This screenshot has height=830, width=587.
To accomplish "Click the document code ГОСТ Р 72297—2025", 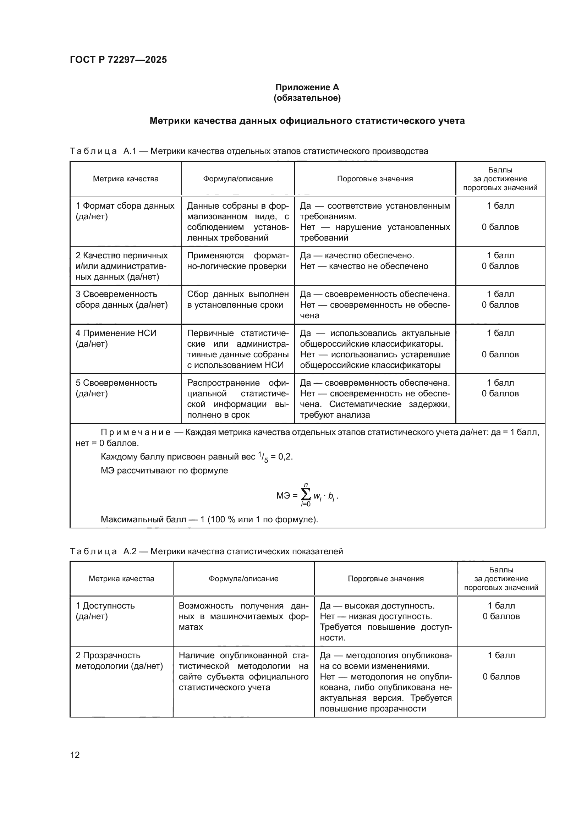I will point(118,60).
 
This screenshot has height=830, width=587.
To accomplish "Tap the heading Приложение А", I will point(307,87).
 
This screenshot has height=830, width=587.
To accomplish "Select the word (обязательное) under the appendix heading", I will point(307,98).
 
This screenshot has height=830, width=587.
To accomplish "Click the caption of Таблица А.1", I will point(249,151).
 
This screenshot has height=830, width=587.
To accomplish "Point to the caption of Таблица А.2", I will point(206,551).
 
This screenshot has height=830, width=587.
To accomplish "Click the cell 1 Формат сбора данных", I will point(125,211).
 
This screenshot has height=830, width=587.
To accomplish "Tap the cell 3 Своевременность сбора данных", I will point(121,299).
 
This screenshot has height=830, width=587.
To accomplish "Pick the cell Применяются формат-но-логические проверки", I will point(237,261).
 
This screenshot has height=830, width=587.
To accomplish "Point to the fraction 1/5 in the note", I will point(263,457).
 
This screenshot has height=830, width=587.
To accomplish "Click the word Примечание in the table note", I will point(135,432).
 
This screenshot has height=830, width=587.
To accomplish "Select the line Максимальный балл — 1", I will point(209,520).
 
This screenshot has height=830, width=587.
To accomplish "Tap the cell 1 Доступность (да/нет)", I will point(105,611).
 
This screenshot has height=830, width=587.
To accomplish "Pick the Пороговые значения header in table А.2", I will point(385,578).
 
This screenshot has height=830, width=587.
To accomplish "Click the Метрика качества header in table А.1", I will point(125,178).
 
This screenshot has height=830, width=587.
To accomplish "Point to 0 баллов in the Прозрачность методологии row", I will point(501,676).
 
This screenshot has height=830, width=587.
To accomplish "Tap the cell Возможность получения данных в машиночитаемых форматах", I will point(243,616).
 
